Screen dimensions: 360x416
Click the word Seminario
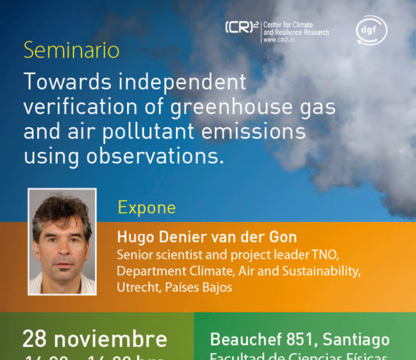pos(72,51)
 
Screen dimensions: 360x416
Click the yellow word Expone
pos(146,208)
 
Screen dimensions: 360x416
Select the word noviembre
pos(116,338)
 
